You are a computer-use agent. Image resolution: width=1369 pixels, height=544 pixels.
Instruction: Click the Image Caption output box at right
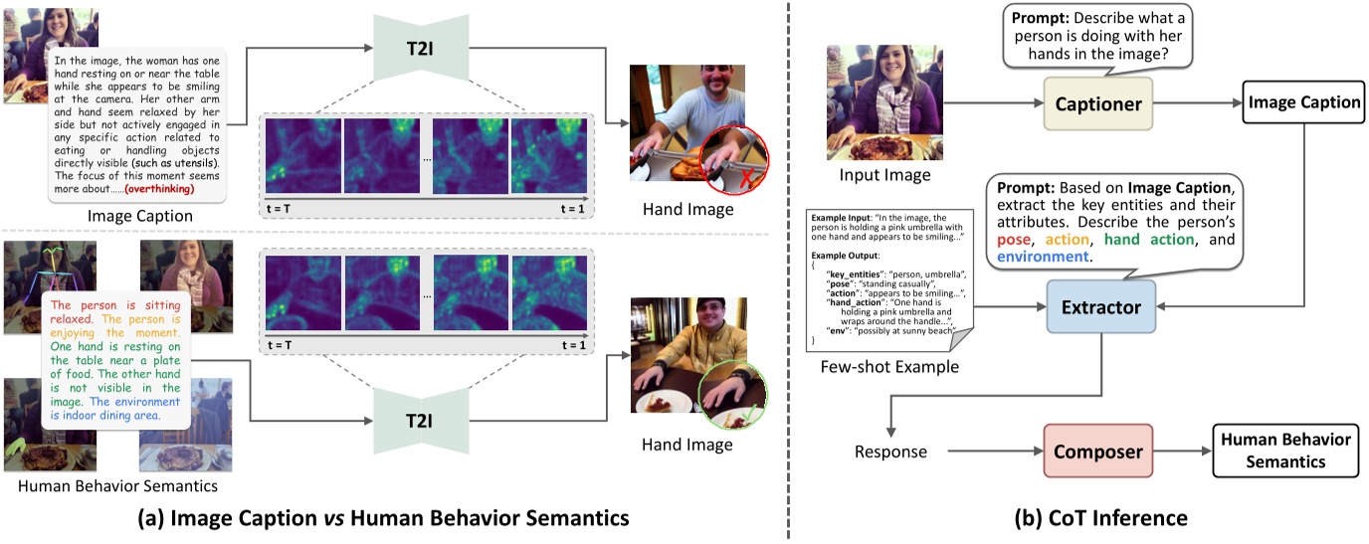click(1303, 101)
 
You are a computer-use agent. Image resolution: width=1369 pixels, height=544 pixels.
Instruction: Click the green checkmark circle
click(733, 393)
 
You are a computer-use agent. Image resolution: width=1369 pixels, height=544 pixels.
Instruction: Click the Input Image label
click(885, 175)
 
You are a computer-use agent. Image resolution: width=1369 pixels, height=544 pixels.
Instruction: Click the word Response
click(890, 452)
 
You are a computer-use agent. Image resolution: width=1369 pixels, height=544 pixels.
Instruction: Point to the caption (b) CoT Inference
click(1100, 517)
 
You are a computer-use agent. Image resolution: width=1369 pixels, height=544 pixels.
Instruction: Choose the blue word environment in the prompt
click(1043, 257)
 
